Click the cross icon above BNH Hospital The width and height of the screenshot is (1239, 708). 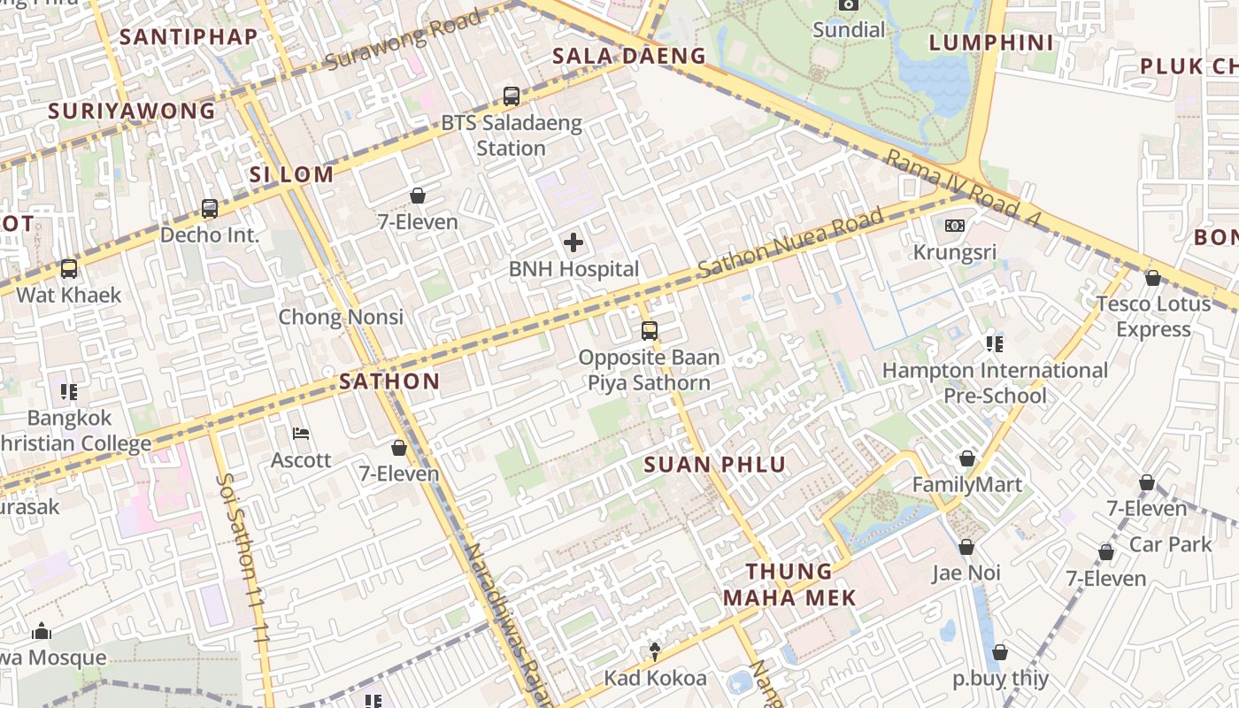pos(573,242)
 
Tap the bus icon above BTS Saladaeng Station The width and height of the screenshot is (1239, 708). pos(511,96)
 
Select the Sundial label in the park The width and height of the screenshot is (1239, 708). pos(849,30)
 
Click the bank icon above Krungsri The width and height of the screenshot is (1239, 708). pos(954,226)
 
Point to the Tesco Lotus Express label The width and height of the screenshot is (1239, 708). pos(1153,316)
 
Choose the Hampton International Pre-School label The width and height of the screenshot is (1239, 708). pos(995,382)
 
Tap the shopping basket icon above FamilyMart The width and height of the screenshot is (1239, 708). pos(966,458)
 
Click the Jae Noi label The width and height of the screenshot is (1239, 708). pos(966,573)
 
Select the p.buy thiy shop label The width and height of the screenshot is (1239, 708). pos(1000,679)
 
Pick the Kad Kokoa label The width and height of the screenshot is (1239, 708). pos(655,678)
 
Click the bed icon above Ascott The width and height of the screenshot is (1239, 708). pos(301,434)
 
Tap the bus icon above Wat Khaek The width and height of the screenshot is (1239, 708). pos(68,268)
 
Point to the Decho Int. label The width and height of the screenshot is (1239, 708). pos(210,235)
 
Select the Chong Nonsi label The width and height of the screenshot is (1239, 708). pos(341,317)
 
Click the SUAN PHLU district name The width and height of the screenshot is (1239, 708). pos(714,465)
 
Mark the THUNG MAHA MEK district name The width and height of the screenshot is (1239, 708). pos(789,584)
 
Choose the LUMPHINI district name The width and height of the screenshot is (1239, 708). pos(991,42)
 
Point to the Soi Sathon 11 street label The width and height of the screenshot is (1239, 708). pos(242,558)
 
